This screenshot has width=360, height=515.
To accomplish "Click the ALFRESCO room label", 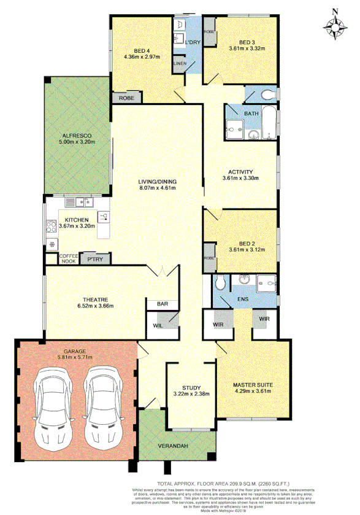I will (x=76, y=136).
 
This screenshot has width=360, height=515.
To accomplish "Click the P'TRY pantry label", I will (x=95, y=260).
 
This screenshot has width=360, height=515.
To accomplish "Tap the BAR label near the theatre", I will (x=163, y=304).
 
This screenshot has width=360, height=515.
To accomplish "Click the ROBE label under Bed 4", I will (x=127, y=98).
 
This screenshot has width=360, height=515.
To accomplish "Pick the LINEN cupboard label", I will (x=180, y=63).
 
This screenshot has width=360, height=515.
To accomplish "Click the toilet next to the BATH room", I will (x=265, y=95).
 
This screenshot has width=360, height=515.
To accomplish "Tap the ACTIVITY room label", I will (x=240, y=172).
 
